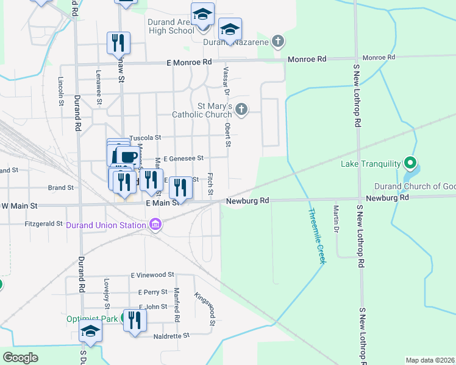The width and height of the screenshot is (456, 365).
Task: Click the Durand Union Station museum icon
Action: (x=155, y=225)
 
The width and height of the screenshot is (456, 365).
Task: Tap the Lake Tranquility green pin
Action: (x=410, y=164)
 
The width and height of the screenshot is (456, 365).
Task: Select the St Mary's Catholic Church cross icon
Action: (x=241, y=109)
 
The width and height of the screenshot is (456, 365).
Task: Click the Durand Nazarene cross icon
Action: (x=278, y=41)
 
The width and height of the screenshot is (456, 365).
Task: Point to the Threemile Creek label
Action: (x=316, y=236)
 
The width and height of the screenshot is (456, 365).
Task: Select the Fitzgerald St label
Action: (x=43, y=224)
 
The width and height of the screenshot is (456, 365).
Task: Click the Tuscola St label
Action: (x=144, y=138)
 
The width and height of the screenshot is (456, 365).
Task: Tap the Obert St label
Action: (x=227, y=135)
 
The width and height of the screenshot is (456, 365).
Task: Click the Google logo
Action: (x=21, y=358)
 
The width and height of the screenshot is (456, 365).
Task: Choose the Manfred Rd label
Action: (x=177, y=305)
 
